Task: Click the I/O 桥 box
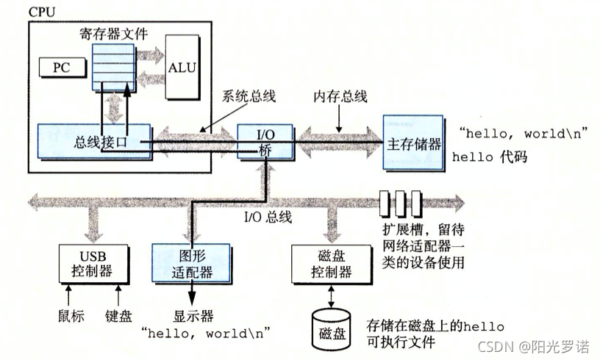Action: pyautogui.click(x=265, y=141)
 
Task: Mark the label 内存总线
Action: pyautogui.click(x=340, y=96)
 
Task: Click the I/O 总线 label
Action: pyautogui.click(x=268, y=217)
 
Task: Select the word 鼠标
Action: pyautogui.click(x=71, y=316)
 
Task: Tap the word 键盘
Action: pyautogui.click(x=118, y=316)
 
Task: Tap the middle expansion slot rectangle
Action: pyautogui.click(x=401, y=201)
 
